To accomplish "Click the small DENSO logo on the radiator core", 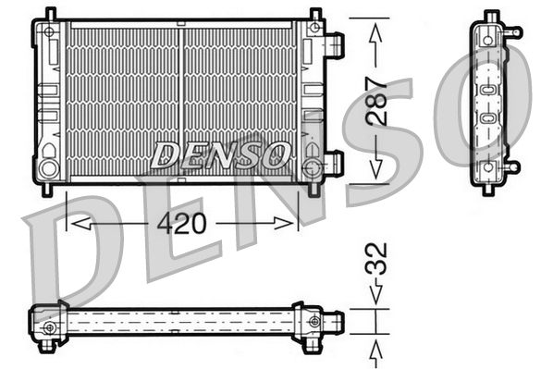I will [x=220, y=155].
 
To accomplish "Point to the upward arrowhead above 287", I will [x=375, y=32].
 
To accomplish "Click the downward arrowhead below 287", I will [x=375, y=167].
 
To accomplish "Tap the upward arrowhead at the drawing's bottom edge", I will [x=376, y=350].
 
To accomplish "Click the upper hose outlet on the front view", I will [x=334, y=43].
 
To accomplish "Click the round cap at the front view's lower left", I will [x=48, y=168].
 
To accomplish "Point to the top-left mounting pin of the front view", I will [x=50, y=13].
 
